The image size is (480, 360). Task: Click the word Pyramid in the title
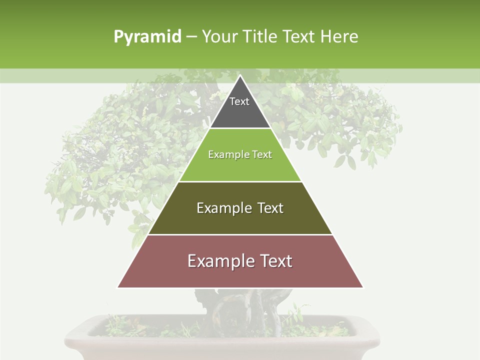[147, 37]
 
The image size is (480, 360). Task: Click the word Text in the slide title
[298, 37]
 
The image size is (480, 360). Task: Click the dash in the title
[191, 37]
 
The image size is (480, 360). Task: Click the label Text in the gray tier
[239, 101]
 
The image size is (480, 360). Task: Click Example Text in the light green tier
[240, 155]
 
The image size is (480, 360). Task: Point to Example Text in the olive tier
[240, 208]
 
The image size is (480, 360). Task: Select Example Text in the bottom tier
[240, 261]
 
